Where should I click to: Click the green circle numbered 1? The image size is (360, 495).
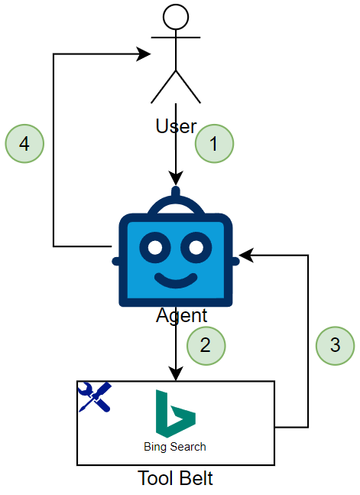tap(214, 144)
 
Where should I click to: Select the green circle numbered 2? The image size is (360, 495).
tap(206, 346)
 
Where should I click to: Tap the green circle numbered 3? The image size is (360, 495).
tap(335, 346)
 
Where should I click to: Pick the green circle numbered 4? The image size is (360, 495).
tap(24, 144)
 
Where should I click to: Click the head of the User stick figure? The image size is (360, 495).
tap(176, 17)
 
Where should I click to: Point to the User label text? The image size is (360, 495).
tap(176, 126)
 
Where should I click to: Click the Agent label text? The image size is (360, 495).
tap(181, 315)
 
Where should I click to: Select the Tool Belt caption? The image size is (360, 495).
tap(176, 478)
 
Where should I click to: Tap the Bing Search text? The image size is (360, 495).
tap(175, 447)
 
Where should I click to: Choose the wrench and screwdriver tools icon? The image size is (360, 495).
tap(95, 397)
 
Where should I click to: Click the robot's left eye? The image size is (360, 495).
tap(155, 248)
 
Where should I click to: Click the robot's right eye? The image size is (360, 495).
tap(196, 248)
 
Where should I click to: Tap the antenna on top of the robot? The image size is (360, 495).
tap(176, 191)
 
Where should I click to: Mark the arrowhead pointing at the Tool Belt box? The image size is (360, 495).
tap(176, 373)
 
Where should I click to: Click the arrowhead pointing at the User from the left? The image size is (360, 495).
tap(144, 54)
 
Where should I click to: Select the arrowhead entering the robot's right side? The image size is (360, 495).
tap(247, 255)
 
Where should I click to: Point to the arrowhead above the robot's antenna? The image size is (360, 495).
tap(176, 178)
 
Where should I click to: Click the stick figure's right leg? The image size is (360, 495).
tap(188, 86)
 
